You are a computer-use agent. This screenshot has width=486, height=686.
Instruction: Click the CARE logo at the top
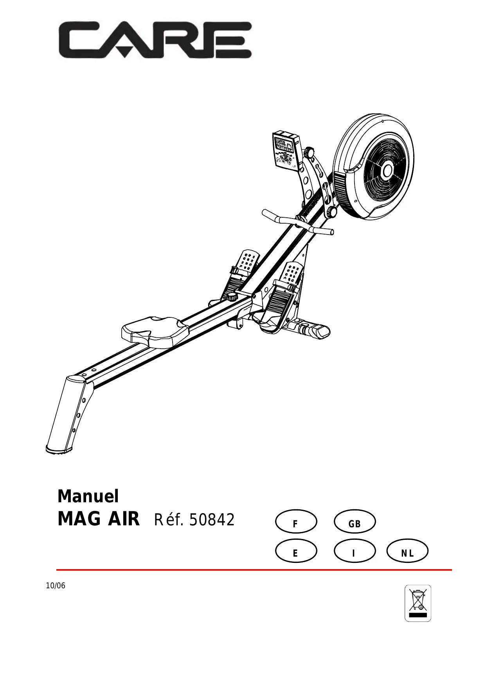point(155,40)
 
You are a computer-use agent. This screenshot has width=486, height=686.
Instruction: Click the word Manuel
point(88,496)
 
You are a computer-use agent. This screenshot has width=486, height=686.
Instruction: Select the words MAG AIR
point(98,519)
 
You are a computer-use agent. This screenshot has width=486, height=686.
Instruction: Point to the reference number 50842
point(212,520)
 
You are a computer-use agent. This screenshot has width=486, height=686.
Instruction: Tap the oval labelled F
point(296,522)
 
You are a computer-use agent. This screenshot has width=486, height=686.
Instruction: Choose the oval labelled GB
point(355,522)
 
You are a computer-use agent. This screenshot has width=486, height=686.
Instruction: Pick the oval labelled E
point(296,551)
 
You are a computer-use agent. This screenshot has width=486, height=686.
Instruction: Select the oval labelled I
point(355,551)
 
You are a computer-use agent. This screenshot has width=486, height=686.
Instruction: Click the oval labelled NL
point(407,551)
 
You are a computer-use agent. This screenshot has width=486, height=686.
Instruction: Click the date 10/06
point(56,586)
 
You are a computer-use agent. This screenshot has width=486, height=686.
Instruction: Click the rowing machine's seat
point(155,330)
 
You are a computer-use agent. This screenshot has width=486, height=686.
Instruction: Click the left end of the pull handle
point(268,213)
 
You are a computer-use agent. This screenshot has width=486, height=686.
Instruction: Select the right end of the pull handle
point(328,231)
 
